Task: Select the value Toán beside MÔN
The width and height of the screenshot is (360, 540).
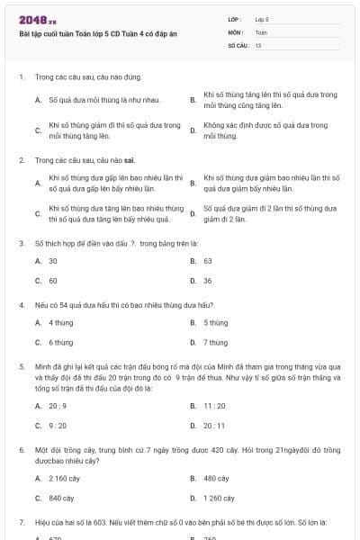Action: (x=261, y=31)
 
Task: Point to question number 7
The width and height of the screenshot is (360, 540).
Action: (x=21, y=522)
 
